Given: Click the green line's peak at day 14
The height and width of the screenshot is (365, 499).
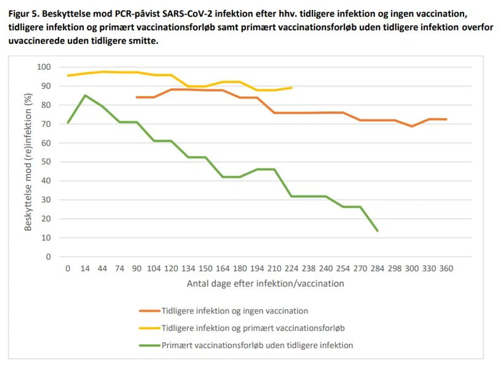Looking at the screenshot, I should pos(85,95).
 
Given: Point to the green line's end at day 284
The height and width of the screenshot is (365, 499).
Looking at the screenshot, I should pos(377,231).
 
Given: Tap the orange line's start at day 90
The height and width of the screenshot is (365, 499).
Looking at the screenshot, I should pos(137,97).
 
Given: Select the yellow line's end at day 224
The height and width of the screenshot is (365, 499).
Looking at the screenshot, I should pos(291,88).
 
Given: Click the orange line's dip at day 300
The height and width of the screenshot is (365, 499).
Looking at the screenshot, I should pos(412,126).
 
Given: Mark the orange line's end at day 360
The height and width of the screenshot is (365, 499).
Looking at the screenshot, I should pos(446,119).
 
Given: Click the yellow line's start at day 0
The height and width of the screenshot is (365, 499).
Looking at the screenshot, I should pos(68,75).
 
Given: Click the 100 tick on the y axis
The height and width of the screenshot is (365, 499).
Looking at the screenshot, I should pos(44,67).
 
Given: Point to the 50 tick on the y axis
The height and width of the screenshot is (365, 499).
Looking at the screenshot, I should pos(46,162).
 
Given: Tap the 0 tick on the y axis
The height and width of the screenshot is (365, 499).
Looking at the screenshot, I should pos(48,257).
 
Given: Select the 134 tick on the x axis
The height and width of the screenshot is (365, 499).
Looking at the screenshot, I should pos(188,269).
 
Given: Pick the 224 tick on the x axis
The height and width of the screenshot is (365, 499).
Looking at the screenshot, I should pos(291,269).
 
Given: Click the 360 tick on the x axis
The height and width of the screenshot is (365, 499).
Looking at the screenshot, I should pos(446,269).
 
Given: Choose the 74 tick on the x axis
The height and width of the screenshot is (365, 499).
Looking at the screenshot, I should pos(120,269).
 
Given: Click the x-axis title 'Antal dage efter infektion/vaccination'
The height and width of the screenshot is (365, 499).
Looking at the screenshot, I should pos(265,284).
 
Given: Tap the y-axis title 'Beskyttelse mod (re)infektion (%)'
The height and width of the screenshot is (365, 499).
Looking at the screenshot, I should pos(28,162).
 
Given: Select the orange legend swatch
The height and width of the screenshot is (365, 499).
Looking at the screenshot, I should pos(149,311).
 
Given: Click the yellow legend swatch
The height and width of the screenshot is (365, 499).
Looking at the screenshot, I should pos(149,328).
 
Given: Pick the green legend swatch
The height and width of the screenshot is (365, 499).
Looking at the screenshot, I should pos(149,345).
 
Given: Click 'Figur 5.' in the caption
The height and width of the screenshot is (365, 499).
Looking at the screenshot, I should pos(24,14).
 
